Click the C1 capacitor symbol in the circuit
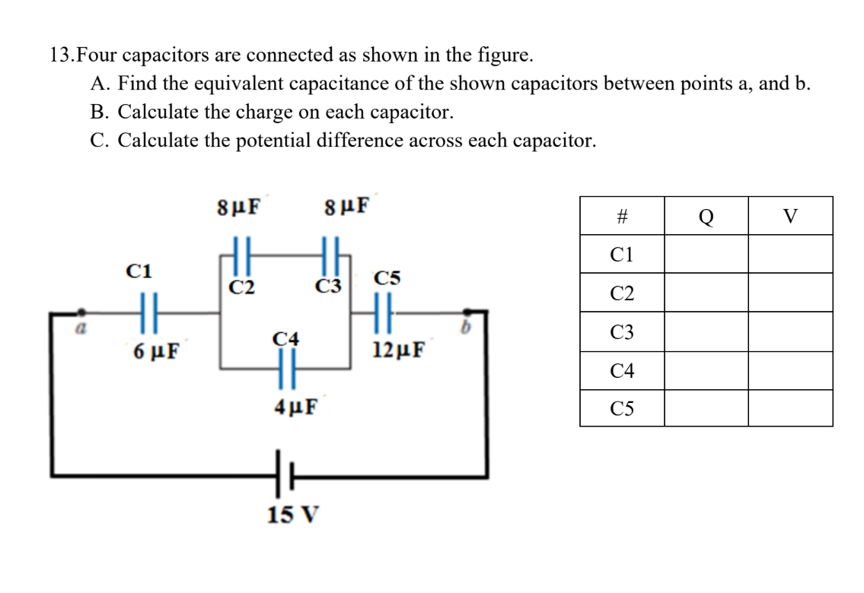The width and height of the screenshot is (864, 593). tap(149, 312)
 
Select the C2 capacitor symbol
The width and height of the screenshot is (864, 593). tap(240, 251)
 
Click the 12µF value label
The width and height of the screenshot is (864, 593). tap(400, 350)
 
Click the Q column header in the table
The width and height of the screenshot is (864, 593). tap(706, 216)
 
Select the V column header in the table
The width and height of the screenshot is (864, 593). tap(790, 216)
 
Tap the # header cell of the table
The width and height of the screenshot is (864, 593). tap(621, 216)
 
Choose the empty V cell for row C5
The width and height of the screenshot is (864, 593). tap(790, 408)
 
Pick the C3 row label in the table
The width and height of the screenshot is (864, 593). tap(621, 331)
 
